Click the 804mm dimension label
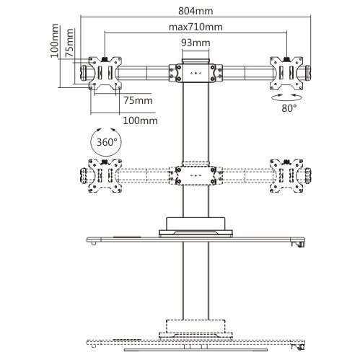[196, 11]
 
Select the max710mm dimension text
[196, 27]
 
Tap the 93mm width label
[196, 43]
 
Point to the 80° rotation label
[289, 108]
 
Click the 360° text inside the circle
[107, 142]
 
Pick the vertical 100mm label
[54, 40]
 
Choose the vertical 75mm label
[69, 43]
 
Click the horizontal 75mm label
[138, 100]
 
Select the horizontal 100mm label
[141, 120]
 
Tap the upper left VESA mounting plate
[105, 73]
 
